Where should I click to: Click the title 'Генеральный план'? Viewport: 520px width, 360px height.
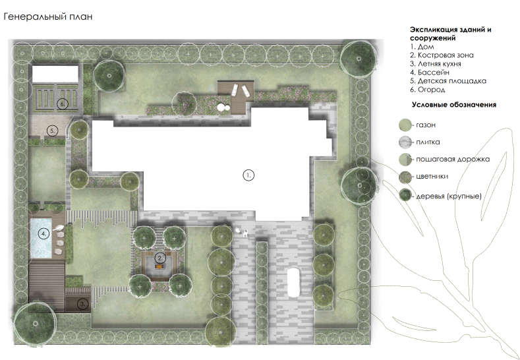coord(47,16)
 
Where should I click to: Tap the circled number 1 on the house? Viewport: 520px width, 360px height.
coord(248,175)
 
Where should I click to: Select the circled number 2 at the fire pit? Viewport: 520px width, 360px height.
coord(160,258)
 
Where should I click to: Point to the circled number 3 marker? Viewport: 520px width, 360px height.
coord(83,303)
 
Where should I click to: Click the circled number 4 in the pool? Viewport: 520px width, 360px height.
coord(43,233)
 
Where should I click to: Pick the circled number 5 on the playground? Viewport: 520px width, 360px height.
coord(53,131)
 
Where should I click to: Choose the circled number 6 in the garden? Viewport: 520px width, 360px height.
coord(62,104)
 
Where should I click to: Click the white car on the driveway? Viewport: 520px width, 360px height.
coord(293,282)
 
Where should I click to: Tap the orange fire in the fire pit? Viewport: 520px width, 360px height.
coord(159,266)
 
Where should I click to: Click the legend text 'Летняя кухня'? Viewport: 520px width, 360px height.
coord(439,64)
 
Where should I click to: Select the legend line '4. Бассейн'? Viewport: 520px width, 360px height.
coord(430,73)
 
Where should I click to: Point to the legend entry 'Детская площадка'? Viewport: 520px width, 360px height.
coord(451,81)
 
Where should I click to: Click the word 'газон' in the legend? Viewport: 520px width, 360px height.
coord(426,125)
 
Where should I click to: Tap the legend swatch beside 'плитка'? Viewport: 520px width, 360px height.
coord(405,142)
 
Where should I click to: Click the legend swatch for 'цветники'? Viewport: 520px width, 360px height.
coord(405,177)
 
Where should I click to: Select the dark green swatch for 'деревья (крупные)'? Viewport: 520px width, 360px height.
coord(405,195)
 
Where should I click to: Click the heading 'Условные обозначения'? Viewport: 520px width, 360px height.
coord(454,105)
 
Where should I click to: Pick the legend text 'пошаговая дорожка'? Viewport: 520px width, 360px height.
coord(453,160)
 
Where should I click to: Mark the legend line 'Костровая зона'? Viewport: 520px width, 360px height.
coord(446,55)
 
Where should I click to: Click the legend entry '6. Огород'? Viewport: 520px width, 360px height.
coord(428,90)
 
